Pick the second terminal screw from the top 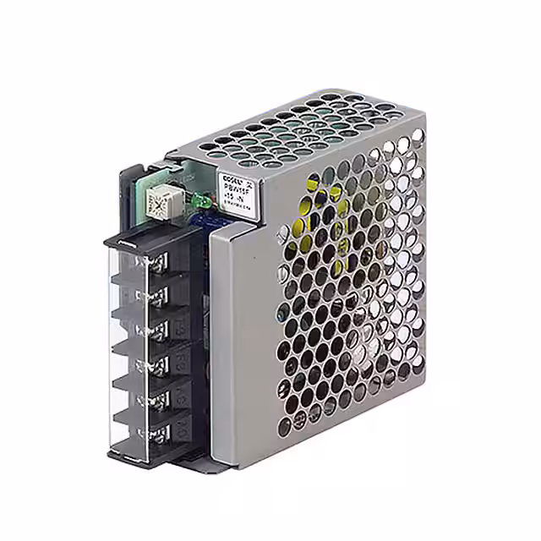click(156, 295)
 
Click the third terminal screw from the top click(156, 330)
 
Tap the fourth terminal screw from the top click(156, 364)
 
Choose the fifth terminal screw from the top click(156, 398)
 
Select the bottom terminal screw click(156, 432)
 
